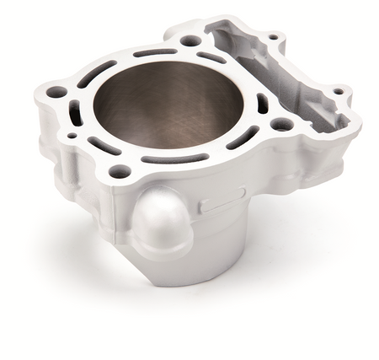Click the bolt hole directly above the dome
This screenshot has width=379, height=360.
120,171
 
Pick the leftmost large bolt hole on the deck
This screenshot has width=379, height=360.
56,91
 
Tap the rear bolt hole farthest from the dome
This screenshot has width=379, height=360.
191,40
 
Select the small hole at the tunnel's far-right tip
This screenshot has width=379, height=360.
338,91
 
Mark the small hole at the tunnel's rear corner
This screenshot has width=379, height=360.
272,37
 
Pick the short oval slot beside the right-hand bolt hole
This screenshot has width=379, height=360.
262,103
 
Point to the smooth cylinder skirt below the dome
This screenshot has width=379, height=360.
202,253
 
